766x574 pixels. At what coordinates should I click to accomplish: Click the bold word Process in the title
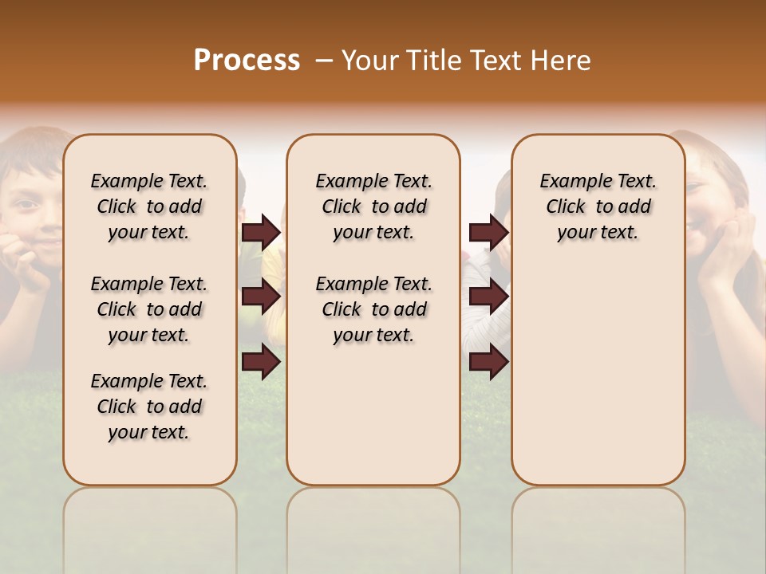[x=247, y=61]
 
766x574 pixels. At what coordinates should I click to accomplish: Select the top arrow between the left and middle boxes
[x=261, y=233]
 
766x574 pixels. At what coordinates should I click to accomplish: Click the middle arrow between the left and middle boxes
[x=261, y=297]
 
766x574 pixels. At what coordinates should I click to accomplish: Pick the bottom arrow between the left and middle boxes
[x=261, y=362]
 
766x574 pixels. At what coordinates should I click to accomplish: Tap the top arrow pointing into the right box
[x=488, y=233]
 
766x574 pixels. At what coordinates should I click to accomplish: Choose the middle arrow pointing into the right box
[x=488, y=297]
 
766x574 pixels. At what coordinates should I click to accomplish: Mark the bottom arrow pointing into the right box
[x=488, y=362]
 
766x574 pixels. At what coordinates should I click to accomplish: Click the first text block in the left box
[x=149, y=206]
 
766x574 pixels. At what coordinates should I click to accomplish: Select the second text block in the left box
[x=149, y=309]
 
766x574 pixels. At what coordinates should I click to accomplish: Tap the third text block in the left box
[x=149, y=407]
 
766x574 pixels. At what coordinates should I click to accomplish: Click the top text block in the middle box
[x=373, y=206]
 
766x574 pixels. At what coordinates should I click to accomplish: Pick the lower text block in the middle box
[x=373, y=309]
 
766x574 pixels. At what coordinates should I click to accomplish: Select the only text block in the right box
[x=598, y=206]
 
